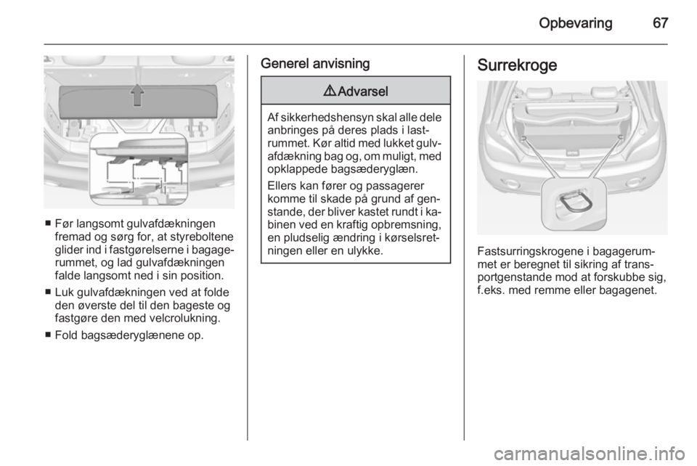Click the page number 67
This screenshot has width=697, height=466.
pos(660,23)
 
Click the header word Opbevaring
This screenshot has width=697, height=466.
pos(575,23)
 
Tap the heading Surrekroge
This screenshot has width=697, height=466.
pos(517,65)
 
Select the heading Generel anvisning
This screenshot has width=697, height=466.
pos(315,64)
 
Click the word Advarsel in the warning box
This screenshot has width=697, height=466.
pos(363,91)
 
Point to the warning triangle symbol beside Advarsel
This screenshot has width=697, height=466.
pos(332,91)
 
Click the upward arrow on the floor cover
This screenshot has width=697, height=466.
pos(137,94)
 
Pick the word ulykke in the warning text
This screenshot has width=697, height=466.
pos(366,250)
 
